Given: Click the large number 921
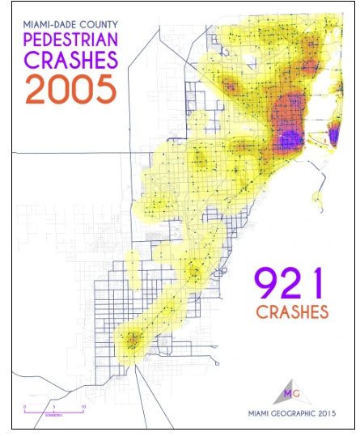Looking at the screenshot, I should pyautogui.click(x=289, y=285).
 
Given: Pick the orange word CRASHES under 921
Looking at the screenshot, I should pyautogui.click(x=292, y=311).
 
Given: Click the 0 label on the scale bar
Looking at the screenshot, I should pyautogui.click(x=24, y=406).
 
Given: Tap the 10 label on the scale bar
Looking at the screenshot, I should pyautogui.click(x=83, y=406).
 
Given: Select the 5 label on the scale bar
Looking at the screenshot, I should pyautogui.click(x=53, y=406).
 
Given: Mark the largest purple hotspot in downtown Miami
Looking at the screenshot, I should pyautogui.click(x=286, y=138).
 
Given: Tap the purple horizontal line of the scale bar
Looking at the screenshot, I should pyautogui.click(x=53, y=412).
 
